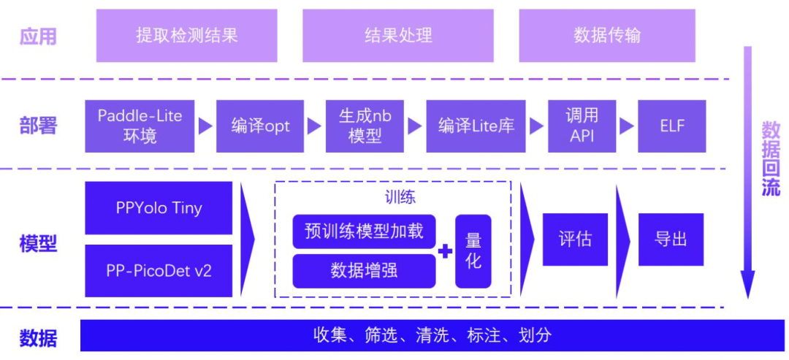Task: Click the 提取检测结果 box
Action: (187, 35)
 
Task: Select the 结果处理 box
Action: (398, 35)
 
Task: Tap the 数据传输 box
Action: (607, 35)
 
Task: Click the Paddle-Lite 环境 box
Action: (140, 126)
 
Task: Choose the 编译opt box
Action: (261, 126)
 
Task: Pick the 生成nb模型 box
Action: (365, 126)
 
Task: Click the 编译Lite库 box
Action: (476, 126)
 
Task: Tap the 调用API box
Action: (582, 126)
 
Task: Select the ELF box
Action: (672, 126)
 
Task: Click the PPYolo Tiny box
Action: (159, 208)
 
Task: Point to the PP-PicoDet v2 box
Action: (159, 271)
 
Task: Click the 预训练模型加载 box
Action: (364, 231)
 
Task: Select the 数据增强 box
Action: (364, 271)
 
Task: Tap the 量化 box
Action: (473, 250)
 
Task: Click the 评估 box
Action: (575, 239)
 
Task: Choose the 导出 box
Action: (671, 239)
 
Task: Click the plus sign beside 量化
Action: (445, 252)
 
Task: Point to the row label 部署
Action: (38, 126)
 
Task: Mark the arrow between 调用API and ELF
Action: (626, 126)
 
